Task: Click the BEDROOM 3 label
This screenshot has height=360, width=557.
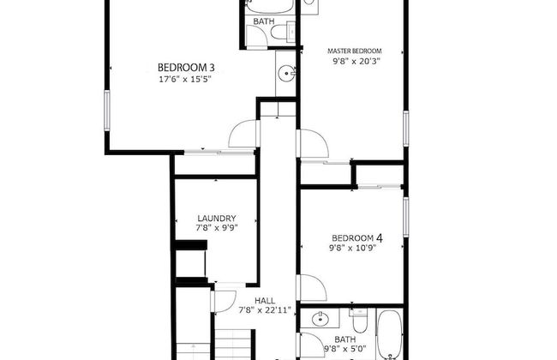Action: click(x=185, y=67)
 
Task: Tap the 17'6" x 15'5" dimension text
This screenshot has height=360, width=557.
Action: click(x=185, y=79)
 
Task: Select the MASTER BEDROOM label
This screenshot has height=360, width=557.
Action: click(x=356, y=51)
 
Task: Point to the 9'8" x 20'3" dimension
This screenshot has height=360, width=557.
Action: click(x=356, y=62)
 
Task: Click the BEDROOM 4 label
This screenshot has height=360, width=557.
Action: click(x=356, y=237)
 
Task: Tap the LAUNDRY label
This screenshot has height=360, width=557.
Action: click(x=216, y=219)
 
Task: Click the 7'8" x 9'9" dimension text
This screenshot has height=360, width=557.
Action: click(x=216, y=230)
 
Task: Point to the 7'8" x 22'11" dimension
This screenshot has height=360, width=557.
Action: click(x=264, y=310)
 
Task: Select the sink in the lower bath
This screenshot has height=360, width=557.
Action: click(x=320, y=321)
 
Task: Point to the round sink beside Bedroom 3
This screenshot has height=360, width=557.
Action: click(x=287, y=73)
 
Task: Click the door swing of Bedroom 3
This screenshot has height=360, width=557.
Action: click(x=244, y=134)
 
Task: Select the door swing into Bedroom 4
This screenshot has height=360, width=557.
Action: click(x=310, y=288)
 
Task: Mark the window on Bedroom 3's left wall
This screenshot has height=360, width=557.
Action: click(x=108, y=111)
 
